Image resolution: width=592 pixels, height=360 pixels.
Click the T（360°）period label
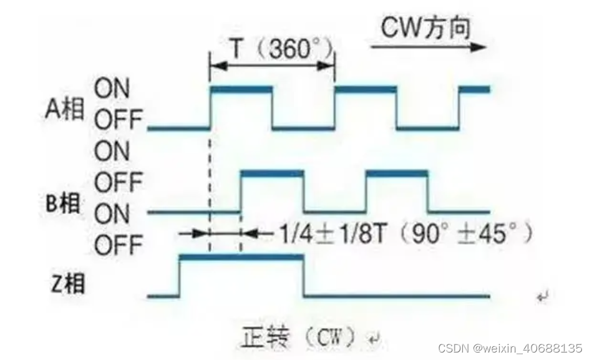[272, 49]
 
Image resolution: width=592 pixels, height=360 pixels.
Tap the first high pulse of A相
[241, 90]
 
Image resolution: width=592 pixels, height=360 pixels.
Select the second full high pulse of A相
[366, 90]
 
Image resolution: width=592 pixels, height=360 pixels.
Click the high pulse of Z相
[241, 256]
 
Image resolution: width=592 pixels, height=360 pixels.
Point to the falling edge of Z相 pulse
[304, 275]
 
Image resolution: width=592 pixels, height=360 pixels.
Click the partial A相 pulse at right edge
[475, 90]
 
